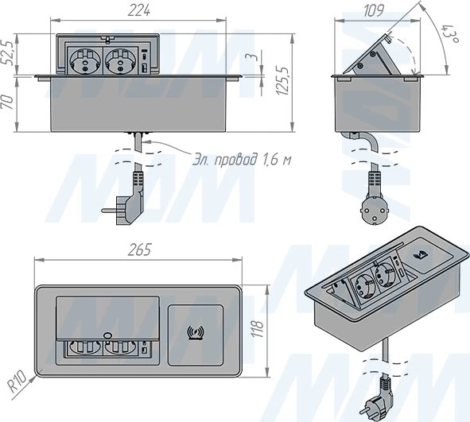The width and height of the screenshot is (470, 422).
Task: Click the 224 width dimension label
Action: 139,11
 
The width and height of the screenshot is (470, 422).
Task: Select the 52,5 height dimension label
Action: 8,53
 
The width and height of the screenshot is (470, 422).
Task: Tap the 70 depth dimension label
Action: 8,103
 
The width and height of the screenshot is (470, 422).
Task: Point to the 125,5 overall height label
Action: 282,80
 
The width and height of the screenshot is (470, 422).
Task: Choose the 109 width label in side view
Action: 374,11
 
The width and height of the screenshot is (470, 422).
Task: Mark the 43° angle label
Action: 449,33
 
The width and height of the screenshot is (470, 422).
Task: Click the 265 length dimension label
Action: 139,250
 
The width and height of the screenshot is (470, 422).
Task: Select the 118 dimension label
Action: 258,329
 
